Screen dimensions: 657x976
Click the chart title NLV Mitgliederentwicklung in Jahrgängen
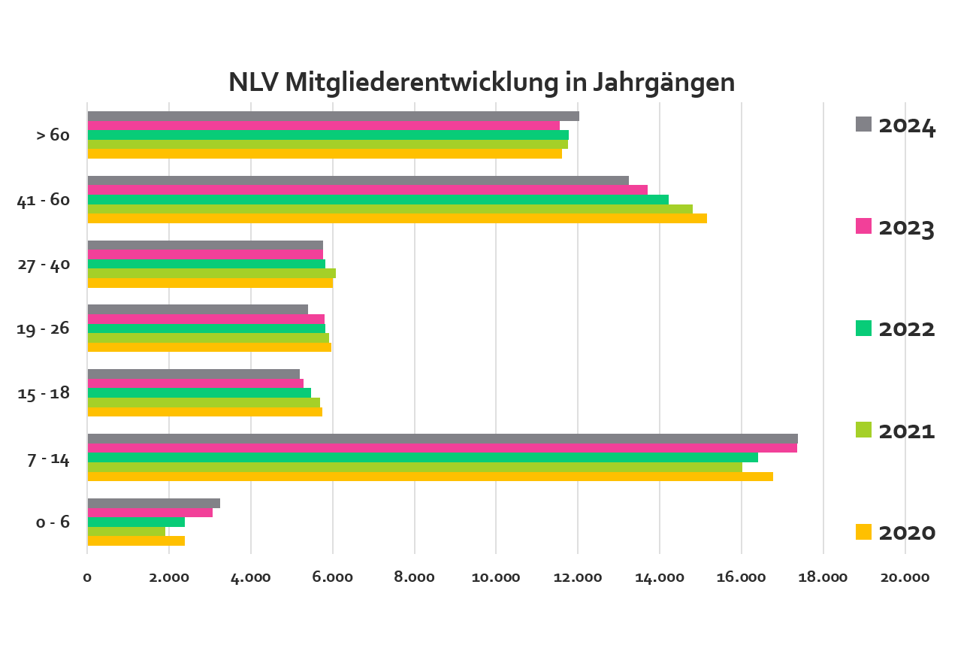(x=482, y=82)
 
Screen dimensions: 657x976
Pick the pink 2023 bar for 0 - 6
(x=150, y=513)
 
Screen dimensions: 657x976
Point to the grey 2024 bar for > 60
(x=333, y=117)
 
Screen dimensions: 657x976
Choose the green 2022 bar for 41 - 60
(x=378, y=199)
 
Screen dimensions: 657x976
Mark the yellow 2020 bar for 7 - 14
(x=430, y=476)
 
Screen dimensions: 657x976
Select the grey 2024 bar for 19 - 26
(x=198, y=309)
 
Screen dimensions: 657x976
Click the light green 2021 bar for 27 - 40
(x=211, y=274)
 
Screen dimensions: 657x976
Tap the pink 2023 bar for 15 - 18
(x=195, y=383)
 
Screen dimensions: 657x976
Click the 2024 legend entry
(x=896, y=126)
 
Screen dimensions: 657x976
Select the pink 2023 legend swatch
(x=863, y=226)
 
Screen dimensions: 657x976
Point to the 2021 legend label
(x=907, y=431)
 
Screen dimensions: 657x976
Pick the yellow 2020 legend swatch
(x=863, y=532)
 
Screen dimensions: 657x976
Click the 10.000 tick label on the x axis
(x=496, y=577)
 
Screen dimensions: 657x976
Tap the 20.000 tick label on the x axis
(x=905, y=577)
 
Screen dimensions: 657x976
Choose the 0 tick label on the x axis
(x=87, y=577)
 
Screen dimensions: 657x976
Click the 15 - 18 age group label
(x=44, y=393)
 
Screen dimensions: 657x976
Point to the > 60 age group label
(x=53, y=135)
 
